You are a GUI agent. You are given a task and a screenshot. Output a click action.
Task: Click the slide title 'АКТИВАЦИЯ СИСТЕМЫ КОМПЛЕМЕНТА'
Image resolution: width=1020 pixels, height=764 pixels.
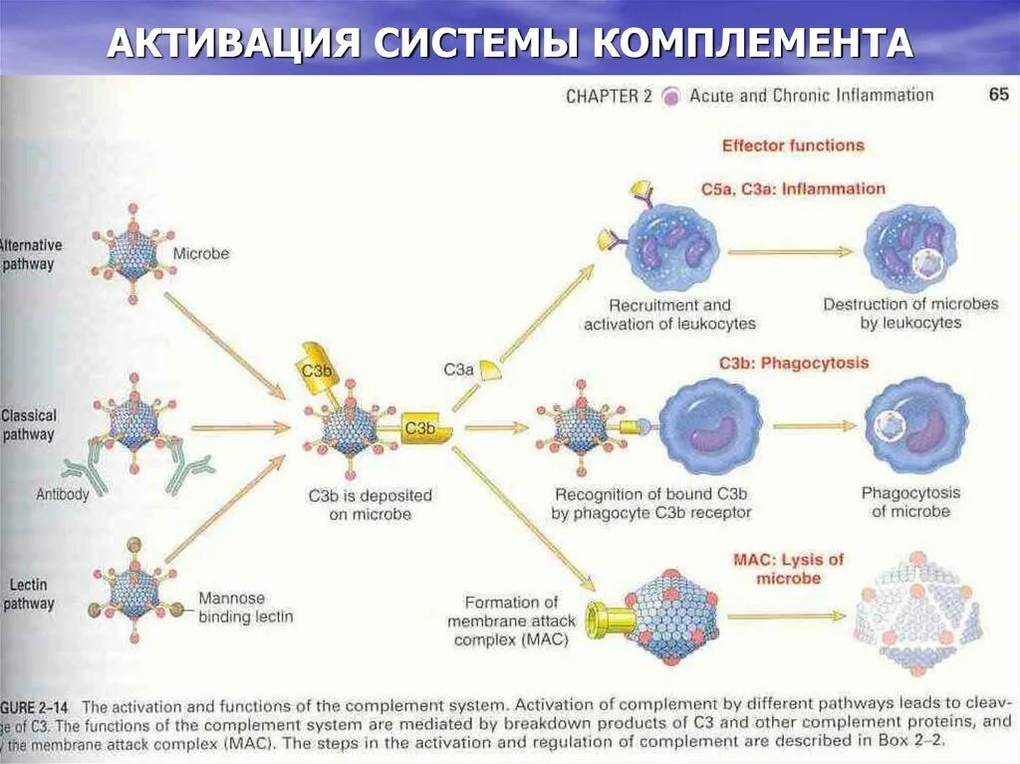509,43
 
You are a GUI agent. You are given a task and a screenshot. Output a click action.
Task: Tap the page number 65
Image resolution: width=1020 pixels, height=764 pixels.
998,96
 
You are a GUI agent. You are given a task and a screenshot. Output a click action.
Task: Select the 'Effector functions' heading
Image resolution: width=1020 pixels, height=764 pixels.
793,145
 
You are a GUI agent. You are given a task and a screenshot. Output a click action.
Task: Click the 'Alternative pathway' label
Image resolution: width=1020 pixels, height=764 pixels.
30,255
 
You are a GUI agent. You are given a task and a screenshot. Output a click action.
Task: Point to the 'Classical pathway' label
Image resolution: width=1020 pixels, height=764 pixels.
29,425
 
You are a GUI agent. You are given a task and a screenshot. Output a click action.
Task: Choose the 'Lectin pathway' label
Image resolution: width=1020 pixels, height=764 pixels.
29,594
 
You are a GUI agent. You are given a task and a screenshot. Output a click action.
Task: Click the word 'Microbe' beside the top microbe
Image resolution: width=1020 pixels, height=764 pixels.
201,254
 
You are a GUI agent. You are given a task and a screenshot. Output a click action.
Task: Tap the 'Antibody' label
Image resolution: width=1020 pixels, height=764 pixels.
63,494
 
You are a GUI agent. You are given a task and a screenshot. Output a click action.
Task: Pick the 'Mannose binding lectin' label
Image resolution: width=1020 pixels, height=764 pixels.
245,608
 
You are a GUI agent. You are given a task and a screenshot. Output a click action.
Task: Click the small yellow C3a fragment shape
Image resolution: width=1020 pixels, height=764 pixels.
489,371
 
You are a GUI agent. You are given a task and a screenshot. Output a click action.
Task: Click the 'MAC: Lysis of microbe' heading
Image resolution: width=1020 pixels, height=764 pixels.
788,569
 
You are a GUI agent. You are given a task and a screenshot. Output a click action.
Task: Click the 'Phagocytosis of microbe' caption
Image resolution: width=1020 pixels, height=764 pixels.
910,502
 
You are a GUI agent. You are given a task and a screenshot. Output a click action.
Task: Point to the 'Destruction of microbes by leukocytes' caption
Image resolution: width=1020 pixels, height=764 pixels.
910,314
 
